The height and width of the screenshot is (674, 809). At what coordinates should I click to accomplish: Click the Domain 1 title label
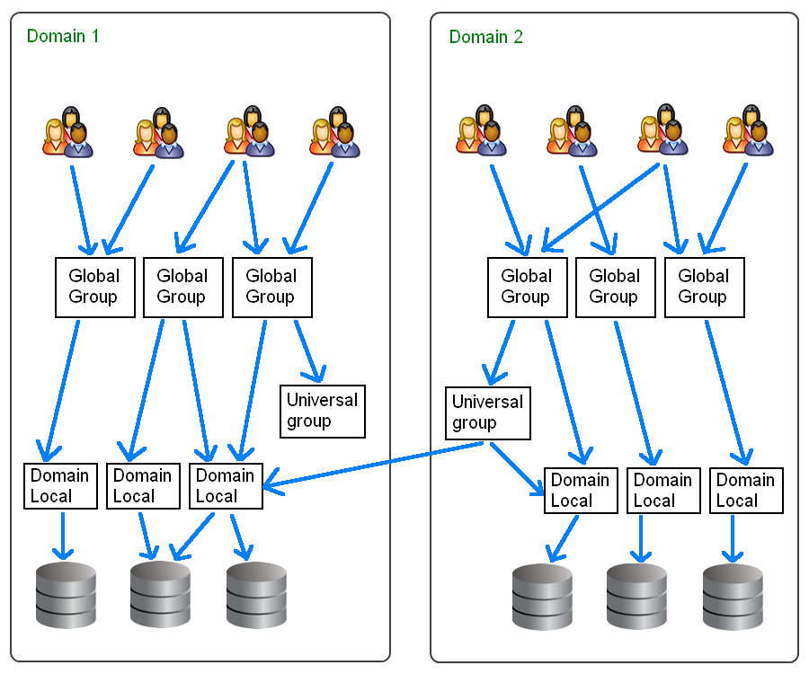[63, 37]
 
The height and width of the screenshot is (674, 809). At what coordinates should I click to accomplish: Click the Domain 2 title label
[485, 37]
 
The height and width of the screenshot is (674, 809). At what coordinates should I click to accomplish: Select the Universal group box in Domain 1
[322, 411]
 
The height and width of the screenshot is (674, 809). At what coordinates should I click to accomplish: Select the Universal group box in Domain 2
[487, 412]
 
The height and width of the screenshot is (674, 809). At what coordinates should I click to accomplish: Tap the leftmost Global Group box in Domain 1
[93, 287]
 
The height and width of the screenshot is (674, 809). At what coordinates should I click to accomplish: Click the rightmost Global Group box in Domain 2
[704, 287]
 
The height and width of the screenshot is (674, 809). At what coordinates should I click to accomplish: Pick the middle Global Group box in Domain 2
[615, 287]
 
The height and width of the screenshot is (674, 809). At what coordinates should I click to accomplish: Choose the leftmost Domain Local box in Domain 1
[60, 485]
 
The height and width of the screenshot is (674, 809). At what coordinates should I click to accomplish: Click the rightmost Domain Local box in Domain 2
[745, 490]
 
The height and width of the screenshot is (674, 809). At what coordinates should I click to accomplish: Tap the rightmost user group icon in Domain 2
[749, 131]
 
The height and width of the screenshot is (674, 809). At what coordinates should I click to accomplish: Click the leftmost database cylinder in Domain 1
[66, 595]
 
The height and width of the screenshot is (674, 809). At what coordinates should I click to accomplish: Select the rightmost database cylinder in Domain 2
[733, 597]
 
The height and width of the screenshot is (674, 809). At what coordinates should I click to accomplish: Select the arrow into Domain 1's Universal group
[309, 350]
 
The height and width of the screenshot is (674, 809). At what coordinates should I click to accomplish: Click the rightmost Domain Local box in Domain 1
[226, 485]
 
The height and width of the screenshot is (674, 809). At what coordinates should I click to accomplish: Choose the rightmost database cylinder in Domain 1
[256, 595]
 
